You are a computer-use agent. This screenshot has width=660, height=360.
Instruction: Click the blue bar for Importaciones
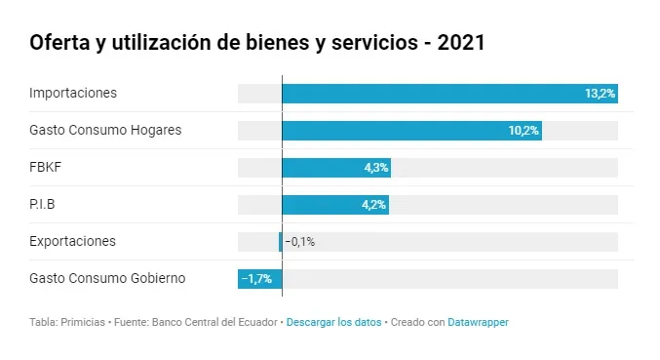point(450,94)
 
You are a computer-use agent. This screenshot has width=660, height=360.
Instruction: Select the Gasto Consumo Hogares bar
point(412,131)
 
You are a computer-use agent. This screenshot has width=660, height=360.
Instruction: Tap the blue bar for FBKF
point(336,168)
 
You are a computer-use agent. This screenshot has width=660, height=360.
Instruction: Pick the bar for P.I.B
point(335,205)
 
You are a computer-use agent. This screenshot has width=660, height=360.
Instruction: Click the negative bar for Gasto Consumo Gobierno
point(259,279)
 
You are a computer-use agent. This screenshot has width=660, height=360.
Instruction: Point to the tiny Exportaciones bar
point(281,242)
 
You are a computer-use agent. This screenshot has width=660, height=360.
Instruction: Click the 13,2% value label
point(601,94)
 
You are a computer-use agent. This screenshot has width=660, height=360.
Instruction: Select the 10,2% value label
point(524,131)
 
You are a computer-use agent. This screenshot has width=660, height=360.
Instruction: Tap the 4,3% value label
point(376,168)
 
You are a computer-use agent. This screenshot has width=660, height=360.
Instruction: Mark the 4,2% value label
point(373,205)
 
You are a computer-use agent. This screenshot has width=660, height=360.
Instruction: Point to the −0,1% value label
point(300,242)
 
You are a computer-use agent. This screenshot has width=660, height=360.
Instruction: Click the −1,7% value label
point(256,279)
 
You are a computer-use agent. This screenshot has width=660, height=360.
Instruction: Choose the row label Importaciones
point(73,93)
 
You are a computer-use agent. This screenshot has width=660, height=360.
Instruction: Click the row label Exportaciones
point(72,241)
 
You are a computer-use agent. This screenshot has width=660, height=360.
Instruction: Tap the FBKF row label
point(46,167)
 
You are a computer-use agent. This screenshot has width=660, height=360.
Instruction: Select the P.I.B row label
point(42,204)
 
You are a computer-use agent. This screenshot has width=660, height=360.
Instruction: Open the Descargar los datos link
point(333,323)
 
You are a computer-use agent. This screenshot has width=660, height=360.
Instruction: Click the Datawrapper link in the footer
point(478,323)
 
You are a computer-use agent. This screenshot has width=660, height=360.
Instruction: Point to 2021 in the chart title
point(461,43)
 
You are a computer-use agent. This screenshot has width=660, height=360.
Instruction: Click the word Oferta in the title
point(59,43)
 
